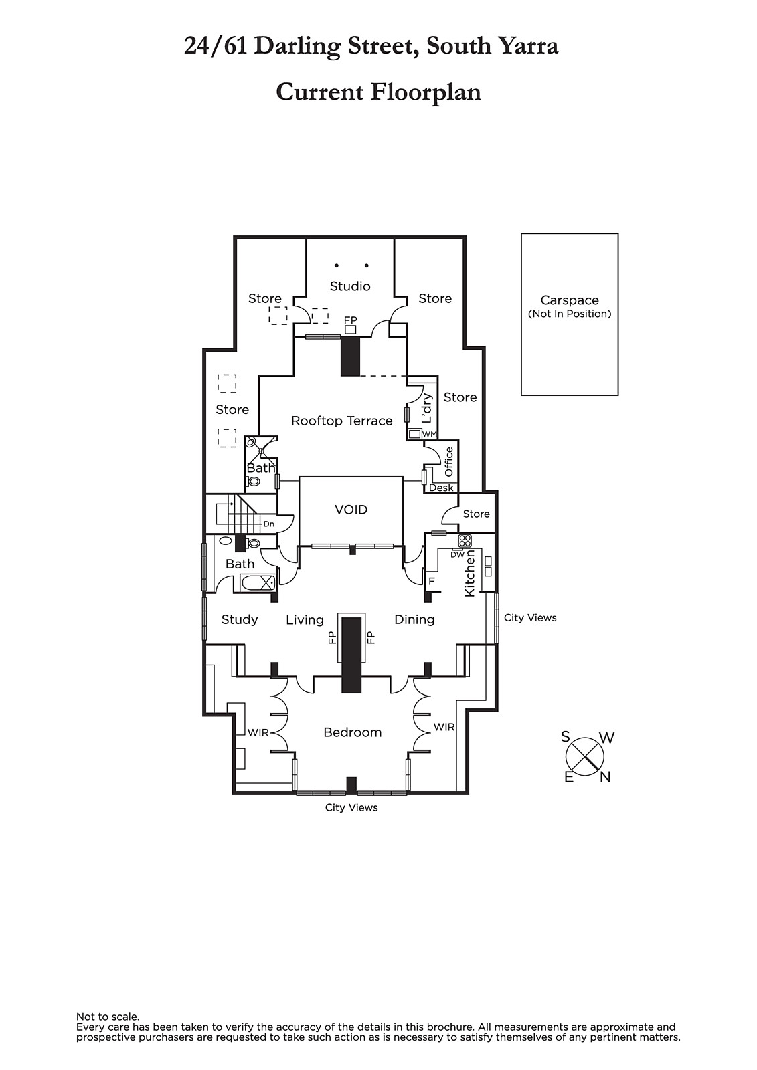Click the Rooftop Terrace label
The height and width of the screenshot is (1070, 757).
click(341, 421)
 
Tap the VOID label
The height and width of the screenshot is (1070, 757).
click(351, 510)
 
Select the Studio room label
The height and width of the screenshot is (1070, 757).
click(350, 286)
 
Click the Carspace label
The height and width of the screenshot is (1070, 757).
click(570, 300)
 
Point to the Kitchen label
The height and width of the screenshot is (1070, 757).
click(470, 574)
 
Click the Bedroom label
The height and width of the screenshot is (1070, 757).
click(352, 732)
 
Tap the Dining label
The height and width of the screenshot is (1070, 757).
click(414, 619)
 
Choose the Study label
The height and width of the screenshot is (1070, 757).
click(240, 619)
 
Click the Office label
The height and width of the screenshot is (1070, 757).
click(449, 461)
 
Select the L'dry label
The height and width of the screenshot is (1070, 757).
click(427, 408)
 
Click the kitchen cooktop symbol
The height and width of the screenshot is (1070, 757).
click(465, 540)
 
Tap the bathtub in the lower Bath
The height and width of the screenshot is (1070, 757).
click(258, 582)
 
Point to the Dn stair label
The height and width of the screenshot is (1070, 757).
click(268, 524)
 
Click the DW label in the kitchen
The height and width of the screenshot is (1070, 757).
click(457, 554)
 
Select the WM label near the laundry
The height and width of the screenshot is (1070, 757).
click(430, 434)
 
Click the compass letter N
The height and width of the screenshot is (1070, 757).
click(605, 777)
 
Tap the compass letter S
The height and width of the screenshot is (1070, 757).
click(566, 737)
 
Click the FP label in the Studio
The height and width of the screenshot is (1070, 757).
click(350, 320)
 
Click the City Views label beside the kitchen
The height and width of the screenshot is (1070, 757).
click(530, 617)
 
